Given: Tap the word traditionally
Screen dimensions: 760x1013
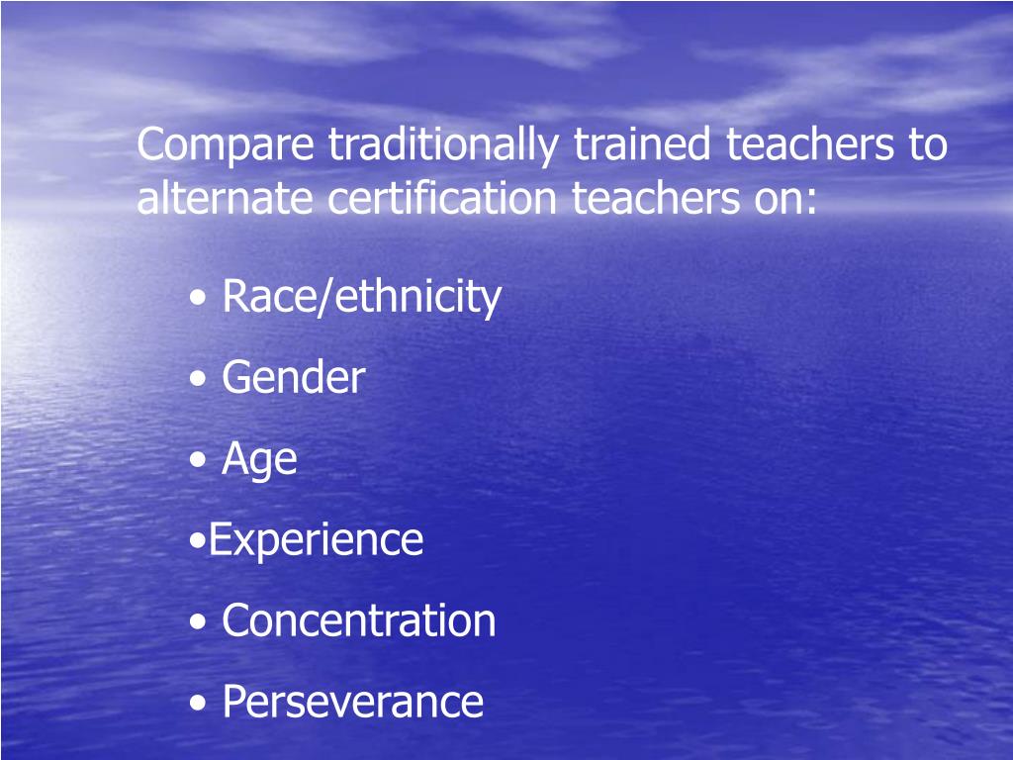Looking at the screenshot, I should (443, 146).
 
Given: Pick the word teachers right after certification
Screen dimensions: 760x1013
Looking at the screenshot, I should (652, 200).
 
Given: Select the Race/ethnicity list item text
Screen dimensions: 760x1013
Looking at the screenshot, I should (361, 297).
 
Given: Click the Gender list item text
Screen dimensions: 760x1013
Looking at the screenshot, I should (293, 378).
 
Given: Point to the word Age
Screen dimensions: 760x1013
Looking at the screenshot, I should (259, 460).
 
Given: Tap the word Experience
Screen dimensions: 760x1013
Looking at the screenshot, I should (316, 540).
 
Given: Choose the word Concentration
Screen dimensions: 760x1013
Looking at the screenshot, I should (358, 620).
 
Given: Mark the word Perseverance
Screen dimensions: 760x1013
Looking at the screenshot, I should (352, 702).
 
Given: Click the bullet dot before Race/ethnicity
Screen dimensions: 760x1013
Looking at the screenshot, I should (201, 299).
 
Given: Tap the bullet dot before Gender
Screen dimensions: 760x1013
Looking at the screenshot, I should (201, 380).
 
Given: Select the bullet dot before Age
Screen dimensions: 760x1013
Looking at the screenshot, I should (201, 461).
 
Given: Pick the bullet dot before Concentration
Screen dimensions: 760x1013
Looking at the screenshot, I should (201, 622).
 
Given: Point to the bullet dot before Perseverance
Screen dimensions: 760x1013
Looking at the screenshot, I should (201, 704).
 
